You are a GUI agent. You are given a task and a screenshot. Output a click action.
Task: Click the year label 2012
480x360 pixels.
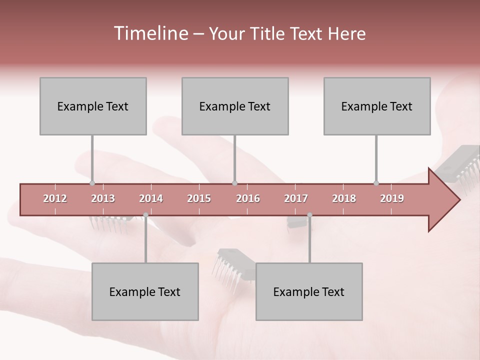pyautogui.click(x=55, y=198)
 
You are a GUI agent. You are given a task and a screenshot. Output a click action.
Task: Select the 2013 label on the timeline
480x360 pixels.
pyautogui.click(x=103, y=198)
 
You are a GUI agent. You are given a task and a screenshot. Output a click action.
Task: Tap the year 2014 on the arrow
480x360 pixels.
pyautogui.click(x=151, y=198)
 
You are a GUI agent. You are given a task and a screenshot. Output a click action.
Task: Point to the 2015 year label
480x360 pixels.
pyautogui.click(x=199, y=198)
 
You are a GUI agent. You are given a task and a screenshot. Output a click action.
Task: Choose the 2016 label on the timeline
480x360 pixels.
pyautogui.click(x=248, y=198)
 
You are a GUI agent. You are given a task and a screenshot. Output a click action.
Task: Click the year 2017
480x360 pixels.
pyautogui.click(x=296, y=198)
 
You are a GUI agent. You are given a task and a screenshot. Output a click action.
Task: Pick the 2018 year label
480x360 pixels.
pyautogui.click(x=344, y=198)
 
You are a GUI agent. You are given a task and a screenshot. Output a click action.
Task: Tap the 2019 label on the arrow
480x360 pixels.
pyautogui.click(x=392, y=198)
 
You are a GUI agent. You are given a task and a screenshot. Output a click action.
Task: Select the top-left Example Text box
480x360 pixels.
pyautogui.click(x=93, y=106)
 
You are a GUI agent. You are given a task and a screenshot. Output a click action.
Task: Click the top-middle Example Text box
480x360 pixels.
pyautogui.click(x=235, y=106)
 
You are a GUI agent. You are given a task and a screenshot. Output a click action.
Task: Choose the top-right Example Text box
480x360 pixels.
pyautogui.click(x=377, y=106)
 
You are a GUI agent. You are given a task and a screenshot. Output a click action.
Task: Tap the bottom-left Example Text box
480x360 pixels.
pyautogui.click(x=145, y=291)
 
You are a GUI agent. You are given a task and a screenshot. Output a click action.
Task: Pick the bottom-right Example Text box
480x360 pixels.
pyautogui.click(x=309, y=291)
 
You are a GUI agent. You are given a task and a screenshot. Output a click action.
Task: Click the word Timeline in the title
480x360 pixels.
pyautogui.click(x=150, y=33)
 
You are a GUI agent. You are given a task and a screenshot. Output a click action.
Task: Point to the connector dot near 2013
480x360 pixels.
pyautogui.click(x=92, y=183)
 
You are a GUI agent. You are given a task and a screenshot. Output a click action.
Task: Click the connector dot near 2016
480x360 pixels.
pyautogui.click(x=234, y=183)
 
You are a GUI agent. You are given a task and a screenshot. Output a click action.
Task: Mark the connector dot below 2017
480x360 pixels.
pyautogui.click(x=309, y=215)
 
